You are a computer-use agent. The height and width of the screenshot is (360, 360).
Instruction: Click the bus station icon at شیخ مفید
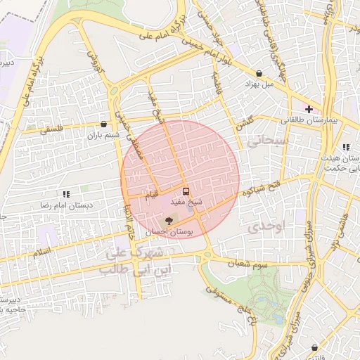(186, 191)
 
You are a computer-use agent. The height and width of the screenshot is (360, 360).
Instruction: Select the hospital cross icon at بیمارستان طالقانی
(309, 108)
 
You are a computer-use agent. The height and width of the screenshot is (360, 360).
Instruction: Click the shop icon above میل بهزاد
(259, 73)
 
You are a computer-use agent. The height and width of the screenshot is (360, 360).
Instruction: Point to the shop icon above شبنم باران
(104, 124)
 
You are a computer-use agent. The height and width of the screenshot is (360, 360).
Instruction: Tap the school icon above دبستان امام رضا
(65, 193)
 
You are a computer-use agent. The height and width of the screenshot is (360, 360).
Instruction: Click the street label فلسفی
(51, 129)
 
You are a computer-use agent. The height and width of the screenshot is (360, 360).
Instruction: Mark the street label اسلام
(42, 251)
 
